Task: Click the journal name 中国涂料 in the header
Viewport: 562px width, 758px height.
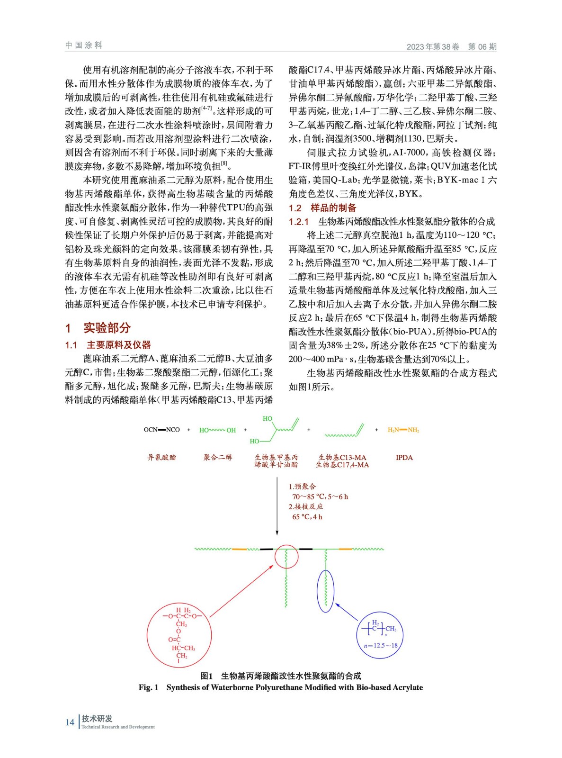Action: (x=84, y=45)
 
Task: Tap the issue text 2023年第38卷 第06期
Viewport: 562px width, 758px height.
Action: (x=451, y=46)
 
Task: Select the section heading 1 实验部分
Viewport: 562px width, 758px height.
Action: (x=98, y=328)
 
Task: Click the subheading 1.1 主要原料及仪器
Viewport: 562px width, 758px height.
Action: (x=108, y=345)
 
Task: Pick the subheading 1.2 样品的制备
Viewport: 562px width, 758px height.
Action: (x=322, y=208)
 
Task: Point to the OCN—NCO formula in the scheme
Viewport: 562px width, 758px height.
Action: (x=162, y=430)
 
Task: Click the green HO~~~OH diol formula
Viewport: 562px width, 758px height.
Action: (x=217, y=430)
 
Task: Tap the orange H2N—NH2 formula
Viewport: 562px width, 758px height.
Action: (x=403, y=430)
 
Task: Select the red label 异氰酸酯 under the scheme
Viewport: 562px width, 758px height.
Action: (x=162, y=457)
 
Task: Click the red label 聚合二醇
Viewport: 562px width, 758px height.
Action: (x=218, y=457)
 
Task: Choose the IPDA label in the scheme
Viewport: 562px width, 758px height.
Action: (x=404, y=458)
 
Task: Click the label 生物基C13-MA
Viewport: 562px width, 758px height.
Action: (x=342, y=457)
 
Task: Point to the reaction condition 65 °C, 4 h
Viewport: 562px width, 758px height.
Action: (x=307, y=517)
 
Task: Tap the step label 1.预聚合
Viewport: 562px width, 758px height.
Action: (x=303, y=487)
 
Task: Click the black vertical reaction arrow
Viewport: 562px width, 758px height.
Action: (x=277, y=507)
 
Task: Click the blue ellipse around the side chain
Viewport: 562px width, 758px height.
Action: (x=326, y=591)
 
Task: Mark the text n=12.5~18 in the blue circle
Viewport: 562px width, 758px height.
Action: (x=380, y=645)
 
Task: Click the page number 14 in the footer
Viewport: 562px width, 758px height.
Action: (x=70, y=722)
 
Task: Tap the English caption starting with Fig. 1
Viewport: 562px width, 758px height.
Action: (x=280, y=687)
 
